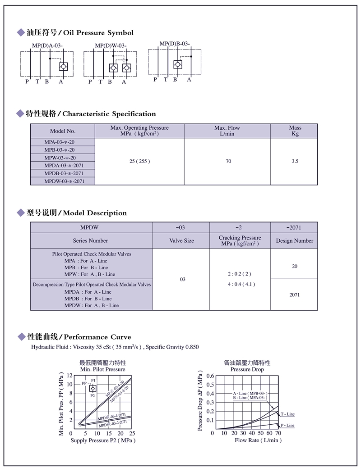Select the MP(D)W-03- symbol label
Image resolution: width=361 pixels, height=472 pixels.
(111, 45)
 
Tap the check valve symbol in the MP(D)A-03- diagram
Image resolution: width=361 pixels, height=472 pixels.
(64, 67)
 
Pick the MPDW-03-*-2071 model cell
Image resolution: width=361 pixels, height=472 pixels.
(64, 181)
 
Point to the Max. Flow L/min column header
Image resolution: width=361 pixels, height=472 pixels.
(227, 131)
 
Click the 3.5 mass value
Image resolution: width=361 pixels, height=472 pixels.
(295, 161)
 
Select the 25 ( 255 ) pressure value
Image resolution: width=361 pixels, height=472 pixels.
(139, 161)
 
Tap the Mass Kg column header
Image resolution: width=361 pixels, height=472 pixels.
(295, 131)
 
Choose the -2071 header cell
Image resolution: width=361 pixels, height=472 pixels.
(295, 227)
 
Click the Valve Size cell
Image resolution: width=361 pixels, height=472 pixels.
(181, 241)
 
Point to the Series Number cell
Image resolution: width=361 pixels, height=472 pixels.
(92, 241)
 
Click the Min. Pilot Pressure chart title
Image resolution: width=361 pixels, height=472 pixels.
(102, 369)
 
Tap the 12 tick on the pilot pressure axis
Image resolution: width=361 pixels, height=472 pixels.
(69, 375)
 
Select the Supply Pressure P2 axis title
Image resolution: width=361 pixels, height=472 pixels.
(103, 440)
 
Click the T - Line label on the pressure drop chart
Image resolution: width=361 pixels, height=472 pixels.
(287, 414)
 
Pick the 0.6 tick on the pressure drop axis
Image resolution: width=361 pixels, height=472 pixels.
(210, 375)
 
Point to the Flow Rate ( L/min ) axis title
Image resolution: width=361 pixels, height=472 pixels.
(258, 440)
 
